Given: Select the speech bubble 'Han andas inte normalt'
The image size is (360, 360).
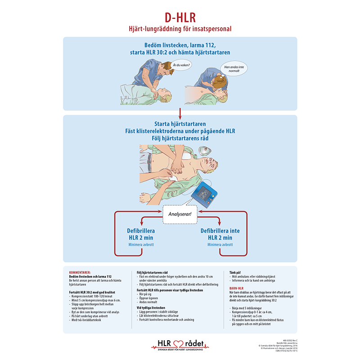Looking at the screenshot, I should click(x=233, y=68).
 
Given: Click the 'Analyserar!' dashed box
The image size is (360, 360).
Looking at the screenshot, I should click(x=180, y=214).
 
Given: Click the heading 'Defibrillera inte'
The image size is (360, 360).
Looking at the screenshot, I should click(x=220, y=230).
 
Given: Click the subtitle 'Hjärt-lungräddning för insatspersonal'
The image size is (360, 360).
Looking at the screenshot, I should click(x=180, y=29).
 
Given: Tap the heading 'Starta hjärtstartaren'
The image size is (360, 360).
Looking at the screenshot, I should click(x=180, y=124).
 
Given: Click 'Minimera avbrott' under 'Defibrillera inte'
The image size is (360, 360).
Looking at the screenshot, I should click(x=220, y=245).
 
